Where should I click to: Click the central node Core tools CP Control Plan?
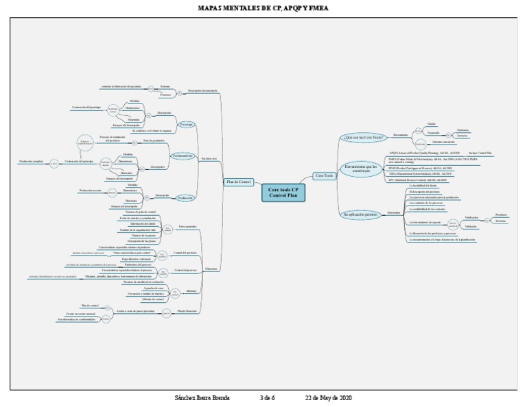click(x=283, y=193)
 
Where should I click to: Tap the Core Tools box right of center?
click(x=324, y=176)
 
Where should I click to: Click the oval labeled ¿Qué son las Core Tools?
click(x=363, y=137)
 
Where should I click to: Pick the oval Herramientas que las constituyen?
click(x=362, y=168)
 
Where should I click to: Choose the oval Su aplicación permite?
click(x=360, y=214)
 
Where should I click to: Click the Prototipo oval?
click(x=186, y=125)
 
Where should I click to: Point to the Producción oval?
click(x=185, y=197)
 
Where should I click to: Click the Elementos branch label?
click(x=211, y=269)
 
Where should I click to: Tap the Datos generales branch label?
click(x=187, y=226)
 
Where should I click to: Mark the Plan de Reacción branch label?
click(x=187, y=311)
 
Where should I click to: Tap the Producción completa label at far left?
click(x=31, y=162)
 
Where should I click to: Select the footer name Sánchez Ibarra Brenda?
click(x=202, y=398)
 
